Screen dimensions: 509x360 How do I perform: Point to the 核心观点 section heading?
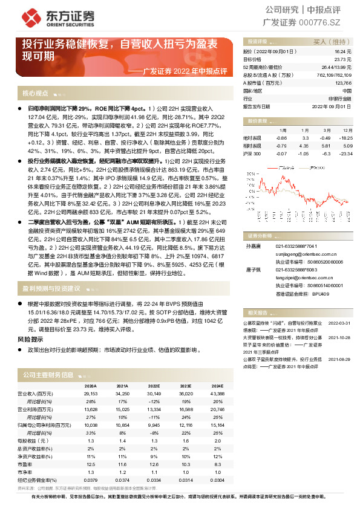[35, 94]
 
